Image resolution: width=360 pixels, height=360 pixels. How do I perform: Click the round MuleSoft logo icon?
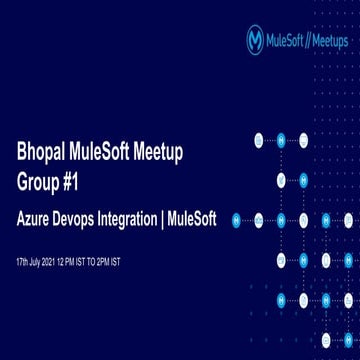click(256, 39)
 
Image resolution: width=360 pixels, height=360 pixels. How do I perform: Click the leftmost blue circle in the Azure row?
click(237, 220)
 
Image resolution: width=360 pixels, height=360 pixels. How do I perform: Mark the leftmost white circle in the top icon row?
click(258, 140)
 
